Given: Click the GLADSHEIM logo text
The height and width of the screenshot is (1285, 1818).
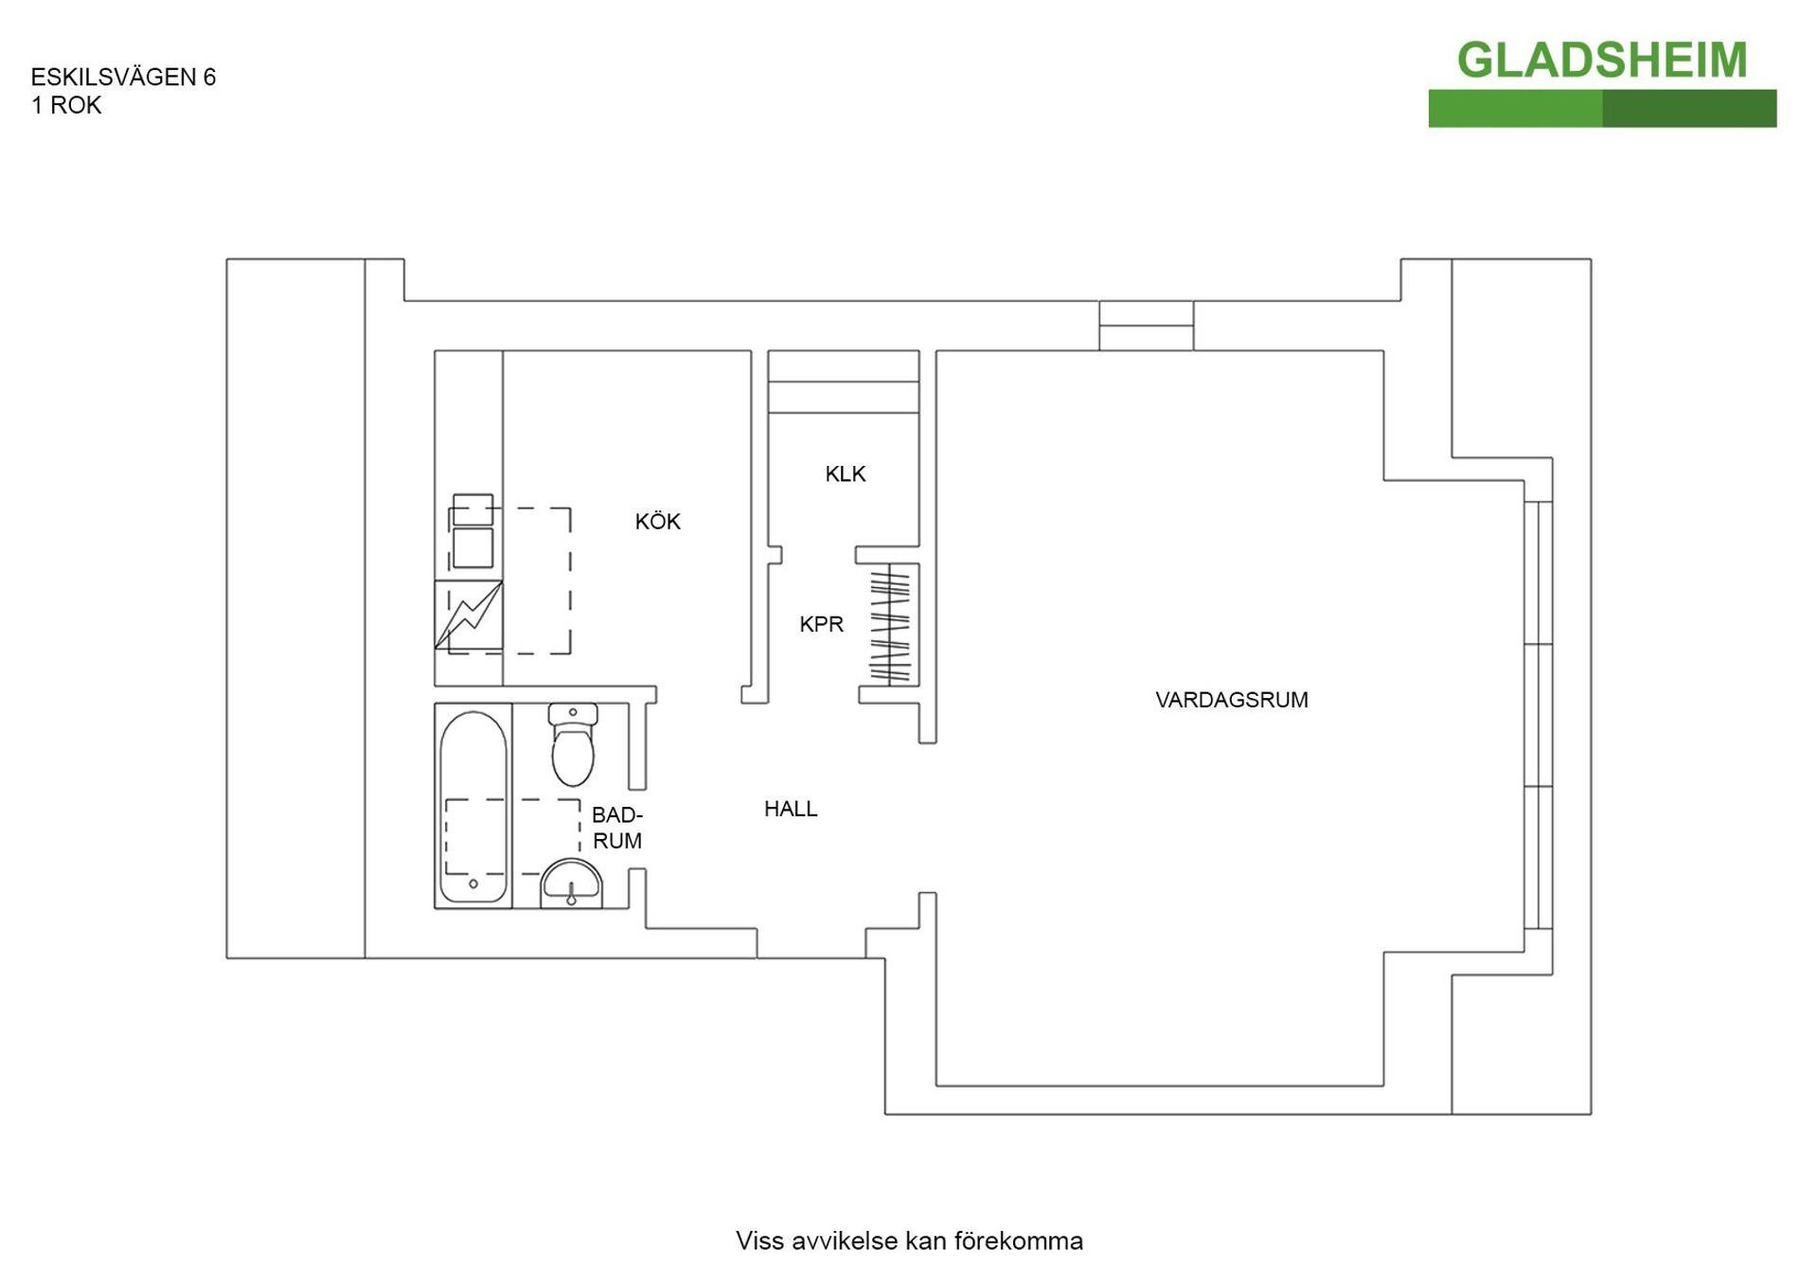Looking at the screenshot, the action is click(x=1601, y=61).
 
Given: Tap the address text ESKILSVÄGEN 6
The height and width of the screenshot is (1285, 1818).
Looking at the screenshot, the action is click(x=123, y=77).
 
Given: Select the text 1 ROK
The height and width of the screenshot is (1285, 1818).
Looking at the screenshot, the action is click(x=66, y=105).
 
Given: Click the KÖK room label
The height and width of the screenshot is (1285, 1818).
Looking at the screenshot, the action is click(x=657, y=521).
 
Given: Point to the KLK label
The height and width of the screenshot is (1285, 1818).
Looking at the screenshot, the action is click(x=845, y=473).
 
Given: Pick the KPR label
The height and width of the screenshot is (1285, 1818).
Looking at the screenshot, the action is click(x=821, y=624).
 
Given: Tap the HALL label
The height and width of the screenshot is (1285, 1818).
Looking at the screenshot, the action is click(x=791, y=809).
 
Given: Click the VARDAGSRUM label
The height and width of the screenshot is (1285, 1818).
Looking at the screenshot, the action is click(x=1231, y=700).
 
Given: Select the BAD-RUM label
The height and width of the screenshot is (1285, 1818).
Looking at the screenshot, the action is click(x=616, y=828).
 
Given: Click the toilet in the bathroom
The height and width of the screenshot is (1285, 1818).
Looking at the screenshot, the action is click(x=573, y=744).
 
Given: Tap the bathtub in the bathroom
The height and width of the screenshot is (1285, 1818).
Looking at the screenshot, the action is click(x=473, y=806).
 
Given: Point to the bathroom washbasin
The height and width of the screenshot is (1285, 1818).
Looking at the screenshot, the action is click(x=571, y=883).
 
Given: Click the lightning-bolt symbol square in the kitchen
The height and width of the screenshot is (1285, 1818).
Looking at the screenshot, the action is click(x=469, y=615).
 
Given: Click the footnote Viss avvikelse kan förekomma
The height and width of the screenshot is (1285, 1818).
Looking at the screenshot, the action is click(x=909, y=1240).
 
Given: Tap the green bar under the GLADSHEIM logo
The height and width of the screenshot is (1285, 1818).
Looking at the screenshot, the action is click(x=1602, y=108).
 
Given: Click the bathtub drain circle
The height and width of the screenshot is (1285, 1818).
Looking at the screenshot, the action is click(x=473, y=883).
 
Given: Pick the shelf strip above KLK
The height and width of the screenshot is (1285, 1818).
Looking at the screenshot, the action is click(x=844, y=382).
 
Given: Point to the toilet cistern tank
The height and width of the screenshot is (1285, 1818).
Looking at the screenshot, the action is click(x=573, y=713).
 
